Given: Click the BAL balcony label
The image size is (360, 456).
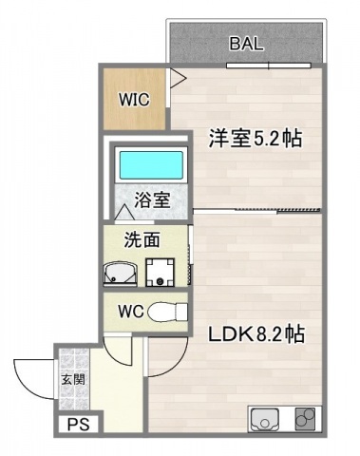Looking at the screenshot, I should tap(246, 43).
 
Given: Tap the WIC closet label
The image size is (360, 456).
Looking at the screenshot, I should tap(133, 99).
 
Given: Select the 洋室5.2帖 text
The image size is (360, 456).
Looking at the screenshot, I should tap(255, 139).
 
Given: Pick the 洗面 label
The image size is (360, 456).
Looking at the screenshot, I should tap(142, 240).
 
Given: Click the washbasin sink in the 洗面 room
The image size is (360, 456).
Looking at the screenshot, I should tap(120, 275).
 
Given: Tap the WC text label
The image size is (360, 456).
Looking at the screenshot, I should tap(131, 312).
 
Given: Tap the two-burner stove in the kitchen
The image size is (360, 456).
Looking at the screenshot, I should tap(305, 419).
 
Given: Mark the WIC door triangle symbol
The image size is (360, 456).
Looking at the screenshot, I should tap(175, 79).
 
